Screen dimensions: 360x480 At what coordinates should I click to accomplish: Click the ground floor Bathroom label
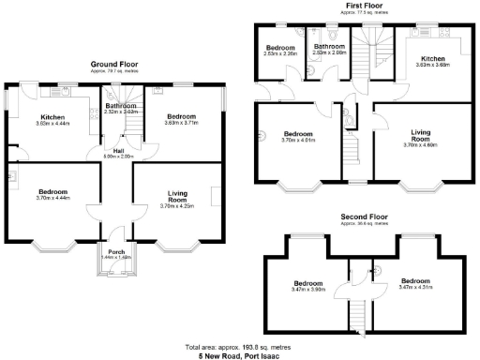122,106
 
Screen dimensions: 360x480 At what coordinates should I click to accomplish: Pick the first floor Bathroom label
329,47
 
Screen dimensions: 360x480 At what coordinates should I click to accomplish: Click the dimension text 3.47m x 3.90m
308,289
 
